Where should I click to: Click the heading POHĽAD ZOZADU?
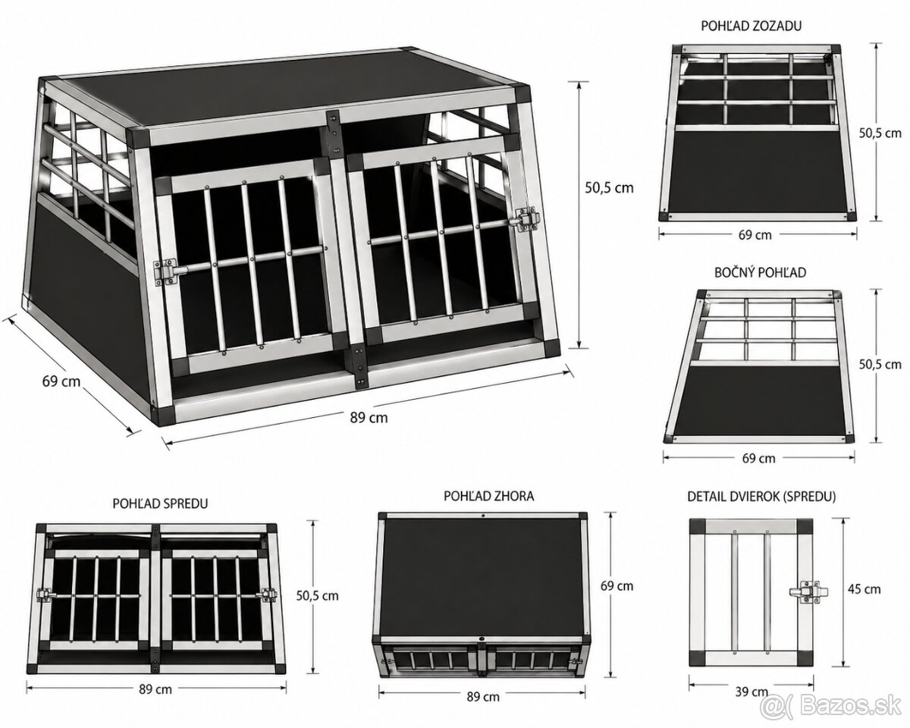pos(751,26)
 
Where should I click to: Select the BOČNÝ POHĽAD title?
pos(761,272)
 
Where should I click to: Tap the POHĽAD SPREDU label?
pos(160,504)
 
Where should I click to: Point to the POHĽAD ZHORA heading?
pos(489,496)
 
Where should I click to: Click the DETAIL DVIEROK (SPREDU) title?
pos(761,497)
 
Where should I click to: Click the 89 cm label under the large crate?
pos(369,418)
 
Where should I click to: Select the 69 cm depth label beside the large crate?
pos(61,381)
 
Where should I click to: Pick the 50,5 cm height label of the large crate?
pos(610,188)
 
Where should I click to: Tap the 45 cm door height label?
pos(864,589)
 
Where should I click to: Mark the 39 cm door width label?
pos(752,692)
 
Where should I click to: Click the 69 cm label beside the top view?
pos(617,586)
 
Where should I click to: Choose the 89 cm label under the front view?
pos(155,689)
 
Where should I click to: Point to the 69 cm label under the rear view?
pos(755,235)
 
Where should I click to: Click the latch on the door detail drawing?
pos(808,591)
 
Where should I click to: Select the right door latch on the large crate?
pos(524,220)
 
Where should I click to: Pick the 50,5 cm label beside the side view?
pos(880,364)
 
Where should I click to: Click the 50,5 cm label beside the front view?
pos(317,595)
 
